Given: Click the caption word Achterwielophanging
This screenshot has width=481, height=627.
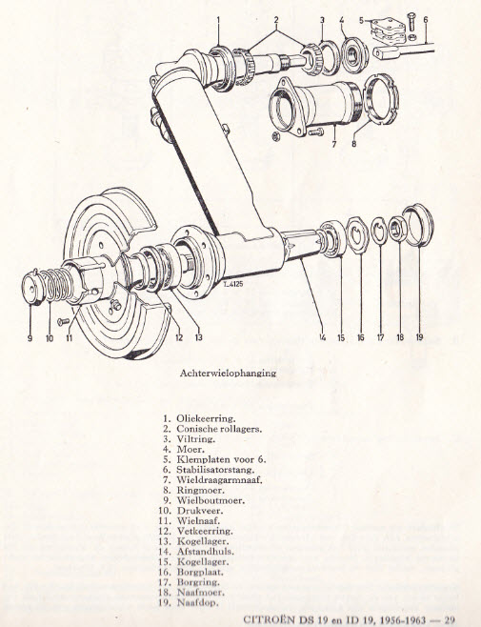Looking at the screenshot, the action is pyautogui.click(x=228, y=374).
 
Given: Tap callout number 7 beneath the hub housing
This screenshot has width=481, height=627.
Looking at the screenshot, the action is pyautogui.click(x=334, y=144).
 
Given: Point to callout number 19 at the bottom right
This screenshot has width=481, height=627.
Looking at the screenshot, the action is pyautogui.click(x=419, y=337).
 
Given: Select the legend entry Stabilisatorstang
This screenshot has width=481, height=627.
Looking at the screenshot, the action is pyautogui.click(x=215, y=470).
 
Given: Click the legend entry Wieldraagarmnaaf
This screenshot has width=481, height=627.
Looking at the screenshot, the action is pyautogui.click(x=219, y=480).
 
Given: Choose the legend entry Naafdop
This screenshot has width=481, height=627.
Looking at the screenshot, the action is pyautogui.click(x=198, y=602).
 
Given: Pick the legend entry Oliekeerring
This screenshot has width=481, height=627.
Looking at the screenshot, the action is pyautogui.click(x=206, y=418).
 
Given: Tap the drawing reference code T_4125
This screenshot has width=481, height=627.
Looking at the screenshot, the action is pyautogui.click(x=234, y=284).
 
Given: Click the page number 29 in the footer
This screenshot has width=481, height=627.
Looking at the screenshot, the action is pyautogui.click(x=450, y=619).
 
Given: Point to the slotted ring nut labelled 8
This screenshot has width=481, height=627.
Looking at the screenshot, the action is pyautogui.click(x=381, y=99).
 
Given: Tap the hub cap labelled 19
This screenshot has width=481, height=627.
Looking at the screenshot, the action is pyautogui.click(x=418, y=225).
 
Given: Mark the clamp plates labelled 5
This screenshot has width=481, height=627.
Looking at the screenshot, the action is pyautogui.click(x=388, y=31).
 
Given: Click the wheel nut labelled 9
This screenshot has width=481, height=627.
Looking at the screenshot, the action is pyautogui.click(x=32, y=288).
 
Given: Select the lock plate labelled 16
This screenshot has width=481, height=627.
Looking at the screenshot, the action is pyautogui.click(x=357, y=235).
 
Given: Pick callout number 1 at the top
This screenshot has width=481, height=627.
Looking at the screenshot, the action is pyautogui.click(x=218, y=20).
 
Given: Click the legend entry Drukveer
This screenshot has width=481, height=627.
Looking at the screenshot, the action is pyautogui.click(x=200, y=511).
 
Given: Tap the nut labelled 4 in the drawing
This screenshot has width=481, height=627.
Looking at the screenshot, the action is pyautogui.click(x=355, y=55).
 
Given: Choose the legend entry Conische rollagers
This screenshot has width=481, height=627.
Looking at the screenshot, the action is pyautogui.click(x=219, y=429).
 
